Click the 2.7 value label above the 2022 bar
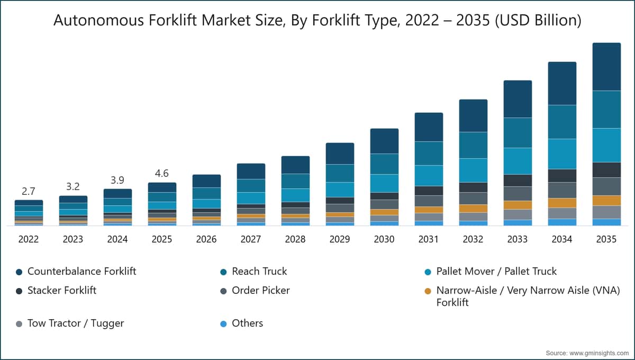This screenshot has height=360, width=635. pyautogui.click(x=29, y=192)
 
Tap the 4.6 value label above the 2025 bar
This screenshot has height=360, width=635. pyautogui.click(x=162, y=173)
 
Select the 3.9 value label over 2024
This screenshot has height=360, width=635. pyautogui.click(x=117, y=180)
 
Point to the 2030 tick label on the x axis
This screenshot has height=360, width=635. pyautogui.click(x=384, y=239)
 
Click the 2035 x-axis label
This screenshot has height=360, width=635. pyautogui.click(x=606, y=239)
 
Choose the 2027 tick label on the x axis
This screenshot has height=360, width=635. pyautogui.click(x=251, y=239)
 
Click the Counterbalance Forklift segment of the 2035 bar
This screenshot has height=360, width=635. pyautogui.click(x=606, y=67)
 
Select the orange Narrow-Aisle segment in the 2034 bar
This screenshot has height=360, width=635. pyautogui.click(x=562, y=203)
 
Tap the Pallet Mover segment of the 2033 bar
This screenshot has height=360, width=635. pyautogui.click(x=518, y=161)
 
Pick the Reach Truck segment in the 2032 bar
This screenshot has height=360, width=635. pyautogui.click(x=474, y=145)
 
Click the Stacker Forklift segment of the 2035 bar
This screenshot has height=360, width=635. pyautogui.click(x=606, y=170)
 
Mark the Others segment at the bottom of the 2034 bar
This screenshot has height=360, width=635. pyautogui.click(x=562, y=222)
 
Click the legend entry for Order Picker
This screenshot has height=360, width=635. pyautogui.click(x=255, y=291)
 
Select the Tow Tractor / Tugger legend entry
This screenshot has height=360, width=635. pyautogui.click(x=70, y=323)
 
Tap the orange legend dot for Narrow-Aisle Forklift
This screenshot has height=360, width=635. pyautogui.click(x=428, y=291)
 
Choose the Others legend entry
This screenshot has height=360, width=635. pyautogui.click(x=241, y=323)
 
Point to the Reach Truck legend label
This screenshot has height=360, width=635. pyautogui.click(x=259, y=272)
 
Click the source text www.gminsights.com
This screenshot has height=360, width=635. pyautogui.click(x=599, y=353)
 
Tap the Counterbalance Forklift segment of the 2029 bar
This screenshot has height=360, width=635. pyautogui.click(x=340, y=154)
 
